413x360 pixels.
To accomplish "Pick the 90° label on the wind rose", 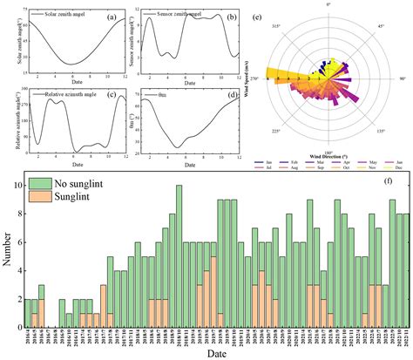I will point(403,79).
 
